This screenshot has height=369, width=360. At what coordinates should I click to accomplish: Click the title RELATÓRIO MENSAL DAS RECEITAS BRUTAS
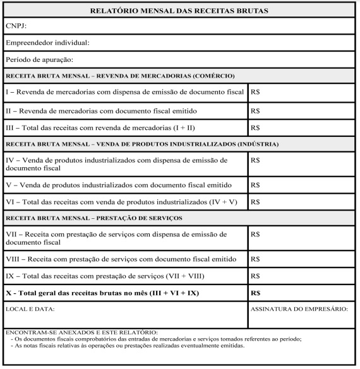pyautogui.click(x=179, y=11)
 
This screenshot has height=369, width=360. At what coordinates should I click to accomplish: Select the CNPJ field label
pyautogui.click(x=17, y=27)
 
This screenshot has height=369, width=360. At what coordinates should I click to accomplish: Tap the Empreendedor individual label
pyautogui.click(x=48, y=44)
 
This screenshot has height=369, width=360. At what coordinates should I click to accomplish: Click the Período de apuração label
pyautogui.click(x=39, y=60)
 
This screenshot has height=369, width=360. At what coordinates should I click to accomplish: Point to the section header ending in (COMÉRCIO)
pyautogui.click(x=120, y=76)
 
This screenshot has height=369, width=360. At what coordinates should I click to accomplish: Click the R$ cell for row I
pyautogui.click(x=256, y=93)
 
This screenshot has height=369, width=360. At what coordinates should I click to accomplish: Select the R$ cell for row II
pyautogui.click(x=256, y=110)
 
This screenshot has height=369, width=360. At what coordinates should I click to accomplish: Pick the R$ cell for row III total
pyautogui.click(x=256, y=127)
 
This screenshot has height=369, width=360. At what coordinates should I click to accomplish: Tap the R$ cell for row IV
pyautogui.click(x=256, y=161)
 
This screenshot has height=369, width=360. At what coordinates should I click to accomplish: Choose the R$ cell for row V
pyautogui.click(x=256, y=185)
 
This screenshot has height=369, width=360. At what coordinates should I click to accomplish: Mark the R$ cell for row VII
pyautogui.click(x=256, y=234)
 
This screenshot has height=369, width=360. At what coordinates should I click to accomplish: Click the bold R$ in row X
pyautogui.click(x=256, y=293)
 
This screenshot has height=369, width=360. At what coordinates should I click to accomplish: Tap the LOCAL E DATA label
pyautogui.click(x=30, y=309)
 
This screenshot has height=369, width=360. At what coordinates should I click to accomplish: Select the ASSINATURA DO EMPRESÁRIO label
pyautogui.click(x=299, y=309)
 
